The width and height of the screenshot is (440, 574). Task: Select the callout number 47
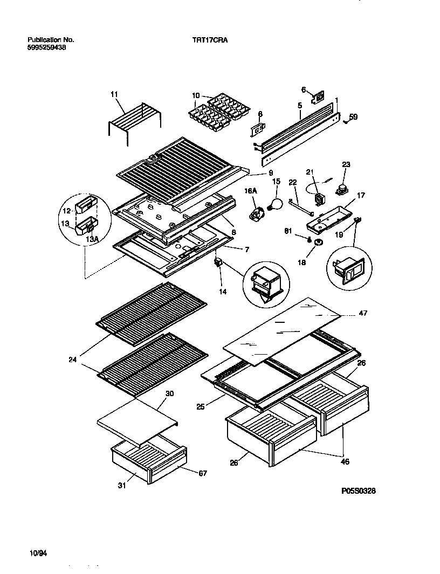click(363, 313)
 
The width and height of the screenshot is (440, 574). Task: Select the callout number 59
click(353, 116)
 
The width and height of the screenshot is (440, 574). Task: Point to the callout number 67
click(202, 473)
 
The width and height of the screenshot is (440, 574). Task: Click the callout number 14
click(223, 291)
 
